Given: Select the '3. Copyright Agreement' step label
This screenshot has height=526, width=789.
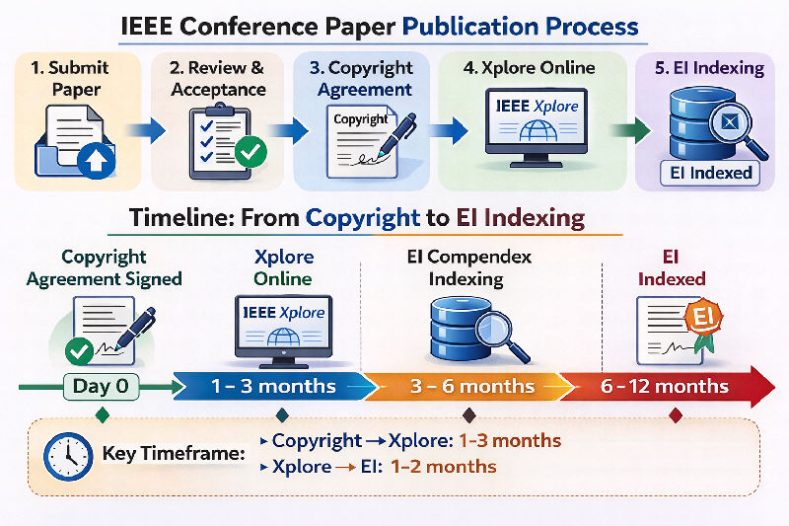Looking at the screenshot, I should tap(361, 77).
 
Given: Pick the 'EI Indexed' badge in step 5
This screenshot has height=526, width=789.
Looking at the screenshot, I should tap(708, 174).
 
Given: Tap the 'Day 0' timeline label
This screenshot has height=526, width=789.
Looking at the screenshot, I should tap(101, 386).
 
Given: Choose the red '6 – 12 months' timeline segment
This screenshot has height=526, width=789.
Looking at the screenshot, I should tap(665, 386).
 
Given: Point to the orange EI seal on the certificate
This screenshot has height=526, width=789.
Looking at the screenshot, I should tap(704, 318).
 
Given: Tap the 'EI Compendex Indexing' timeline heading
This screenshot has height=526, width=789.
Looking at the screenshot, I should tap(468, 267).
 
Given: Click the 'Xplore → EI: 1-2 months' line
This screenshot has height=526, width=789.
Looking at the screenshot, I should tap(384, 466).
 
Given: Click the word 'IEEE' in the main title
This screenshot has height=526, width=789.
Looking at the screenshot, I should tap(153, 25).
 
